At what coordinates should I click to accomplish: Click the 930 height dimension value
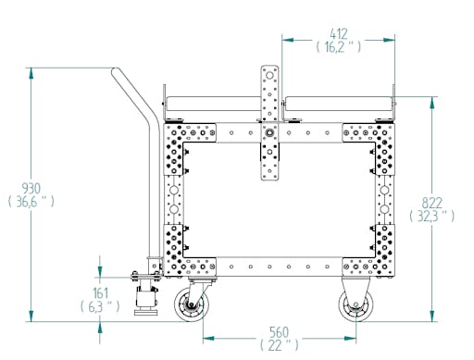coord(31,188)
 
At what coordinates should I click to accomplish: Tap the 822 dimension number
coord(432,203)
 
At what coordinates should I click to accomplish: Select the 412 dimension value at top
coord(339,33)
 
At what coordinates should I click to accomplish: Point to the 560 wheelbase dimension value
coord(279,332)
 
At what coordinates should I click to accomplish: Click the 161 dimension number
coord(101,293)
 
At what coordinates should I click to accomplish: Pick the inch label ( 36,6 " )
coord(31,202)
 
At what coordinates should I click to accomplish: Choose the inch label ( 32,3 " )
coord(432,217)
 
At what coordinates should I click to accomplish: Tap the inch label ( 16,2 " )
coord(339,47)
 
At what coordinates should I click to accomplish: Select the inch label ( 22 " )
coord(280,345)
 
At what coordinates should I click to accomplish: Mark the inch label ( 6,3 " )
coord(100,306)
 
